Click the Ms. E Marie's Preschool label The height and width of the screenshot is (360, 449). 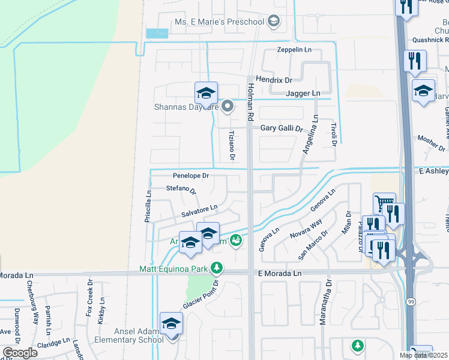point(219,22)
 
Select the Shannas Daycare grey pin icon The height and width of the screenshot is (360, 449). point(228,107)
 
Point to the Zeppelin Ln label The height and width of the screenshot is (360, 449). point(296,50)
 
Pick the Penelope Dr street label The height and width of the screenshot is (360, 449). point(190,176)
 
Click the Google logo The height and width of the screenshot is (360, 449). point(20,353)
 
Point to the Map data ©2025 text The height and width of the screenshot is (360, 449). point(424,355)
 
